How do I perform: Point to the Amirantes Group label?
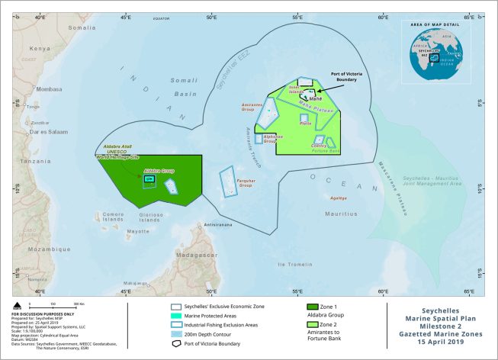[x=252, y=109]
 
